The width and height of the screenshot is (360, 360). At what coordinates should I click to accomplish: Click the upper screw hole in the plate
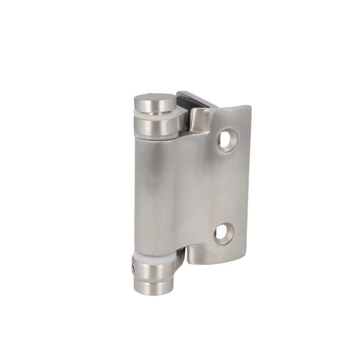[x=227, y=139]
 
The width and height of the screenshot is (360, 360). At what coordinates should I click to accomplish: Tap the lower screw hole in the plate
[x=223, y=233]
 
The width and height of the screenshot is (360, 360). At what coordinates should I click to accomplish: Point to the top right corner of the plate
[x=247, y=107]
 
